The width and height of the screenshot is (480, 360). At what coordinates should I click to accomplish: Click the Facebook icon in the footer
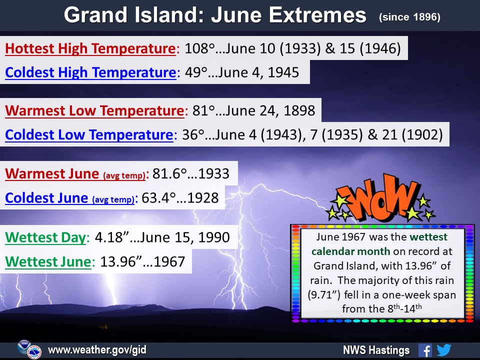click(425, 350)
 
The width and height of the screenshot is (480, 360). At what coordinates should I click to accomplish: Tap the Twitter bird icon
click(444, 350)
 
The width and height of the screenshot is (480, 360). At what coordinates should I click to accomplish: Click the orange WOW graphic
click(380, 198)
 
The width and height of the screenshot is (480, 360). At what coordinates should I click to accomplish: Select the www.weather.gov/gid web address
click(97, 350)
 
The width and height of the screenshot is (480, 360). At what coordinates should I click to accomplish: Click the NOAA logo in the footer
click(23, 347)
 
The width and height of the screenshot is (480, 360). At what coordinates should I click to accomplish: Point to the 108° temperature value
click(199, 48)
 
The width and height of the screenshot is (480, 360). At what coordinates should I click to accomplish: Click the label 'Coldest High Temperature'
click(90, 73)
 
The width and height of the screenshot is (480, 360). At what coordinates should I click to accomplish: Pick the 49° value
click(196, 72)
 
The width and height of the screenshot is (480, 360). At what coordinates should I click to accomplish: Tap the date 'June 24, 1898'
click(265, 111)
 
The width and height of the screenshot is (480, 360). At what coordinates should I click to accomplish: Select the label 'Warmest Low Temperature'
click(94, 111)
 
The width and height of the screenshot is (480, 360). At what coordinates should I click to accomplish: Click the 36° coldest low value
click(193, 135)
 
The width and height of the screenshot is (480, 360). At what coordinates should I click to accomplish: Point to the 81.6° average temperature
click(169, 174)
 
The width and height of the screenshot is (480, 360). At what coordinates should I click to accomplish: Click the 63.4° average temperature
click(158, 198)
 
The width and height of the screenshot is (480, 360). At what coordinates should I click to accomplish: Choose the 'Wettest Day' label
click(45, 237)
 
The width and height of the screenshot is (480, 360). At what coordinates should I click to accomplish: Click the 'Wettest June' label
click(48, 261)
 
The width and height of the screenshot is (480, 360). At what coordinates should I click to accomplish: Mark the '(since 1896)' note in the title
click(409, 17)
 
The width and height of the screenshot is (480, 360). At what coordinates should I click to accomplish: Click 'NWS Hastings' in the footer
click(376, 350)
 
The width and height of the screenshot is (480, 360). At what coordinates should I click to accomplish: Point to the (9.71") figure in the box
click(324, 295)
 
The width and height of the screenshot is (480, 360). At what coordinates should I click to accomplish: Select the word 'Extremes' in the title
click(317, 15)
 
